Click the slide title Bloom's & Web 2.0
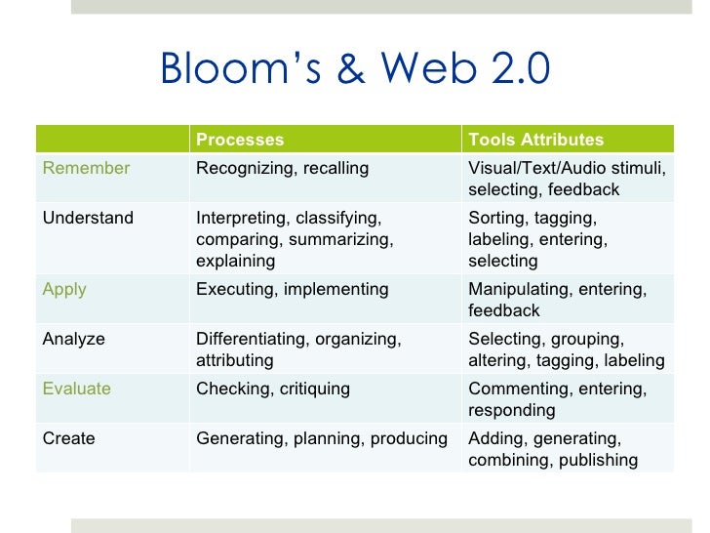point(355,69)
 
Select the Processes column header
point(240,140)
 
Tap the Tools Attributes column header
point(535,140)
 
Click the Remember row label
point(86,168)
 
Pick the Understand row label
point(88,218)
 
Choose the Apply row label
point(64,289)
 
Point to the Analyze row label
point(74,339)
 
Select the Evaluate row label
point(77,389)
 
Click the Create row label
point(69,438)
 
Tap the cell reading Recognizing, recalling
point(283,168)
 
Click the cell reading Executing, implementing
point(293,289)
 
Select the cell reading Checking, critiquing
point(273,389)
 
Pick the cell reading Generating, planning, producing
point(322,438)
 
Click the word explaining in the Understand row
point(236,261)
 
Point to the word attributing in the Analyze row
point(235,360)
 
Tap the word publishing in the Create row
point(598,460)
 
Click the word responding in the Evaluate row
point(511,410)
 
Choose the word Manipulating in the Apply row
point(519,289)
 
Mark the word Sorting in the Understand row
point(496,218)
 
